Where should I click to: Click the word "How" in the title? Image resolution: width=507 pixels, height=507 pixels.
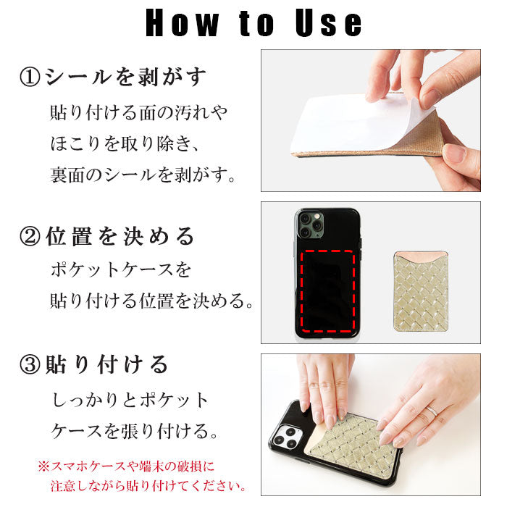(182, 23)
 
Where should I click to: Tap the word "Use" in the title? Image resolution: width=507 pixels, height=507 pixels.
(329, 23)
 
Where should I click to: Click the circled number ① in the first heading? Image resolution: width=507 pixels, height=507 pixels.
(30, 77)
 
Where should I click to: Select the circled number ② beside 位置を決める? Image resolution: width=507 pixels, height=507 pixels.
(30, 236)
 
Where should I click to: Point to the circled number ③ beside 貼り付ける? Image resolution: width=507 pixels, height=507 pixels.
(30, 364)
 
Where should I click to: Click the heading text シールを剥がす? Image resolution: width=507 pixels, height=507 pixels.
(125, 77)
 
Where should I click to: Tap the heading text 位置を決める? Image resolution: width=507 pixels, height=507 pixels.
(120, 236)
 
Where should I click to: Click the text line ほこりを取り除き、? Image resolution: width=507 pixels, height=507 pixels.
(124, 143)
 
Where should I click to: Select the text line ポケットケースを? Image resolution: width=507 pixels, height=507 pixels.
(121, 269)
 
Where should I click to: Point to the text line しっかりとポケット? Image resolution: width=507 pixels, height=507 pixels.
(130, 400)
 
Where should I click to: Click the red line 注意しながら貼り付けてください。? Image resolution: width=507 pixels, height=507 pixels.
(148, 486)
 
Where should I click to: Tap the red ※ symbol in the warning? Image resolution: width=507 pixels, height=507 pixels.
(43, 466)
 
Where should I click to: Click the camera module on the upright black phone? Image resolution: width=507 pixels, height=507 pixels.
(311, 225)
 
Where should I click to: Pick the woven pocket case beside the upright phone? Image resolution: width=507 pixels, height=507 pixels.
(421, 292)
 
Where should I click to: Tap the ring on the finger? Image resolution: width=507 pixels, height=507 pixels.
(432, 411)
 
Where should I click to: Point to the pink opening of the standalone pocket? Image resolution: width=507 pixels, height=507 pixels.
(421, 256)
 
